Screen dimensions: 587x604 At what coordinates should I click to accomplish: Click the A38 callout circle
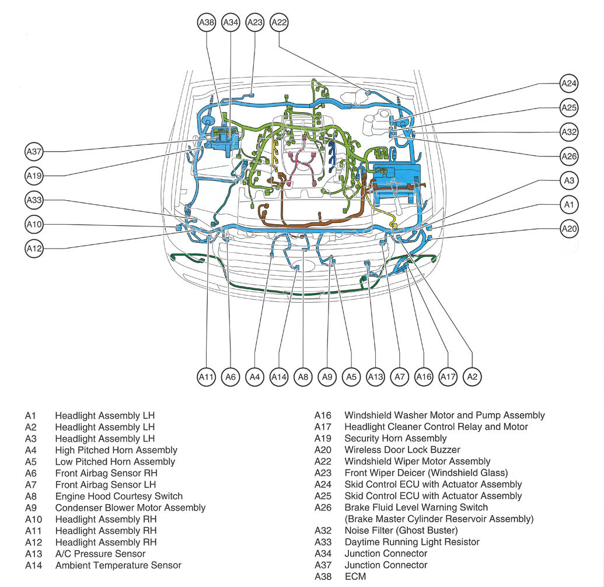point(207,23)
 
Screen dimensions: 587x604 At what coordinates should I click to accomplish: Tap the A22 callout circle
point(280,23)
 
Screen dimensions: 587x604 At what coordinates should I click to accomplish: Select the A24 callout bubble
point(568,83)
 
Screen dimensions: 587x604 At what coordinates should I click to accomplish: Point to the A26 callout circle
point(568,156)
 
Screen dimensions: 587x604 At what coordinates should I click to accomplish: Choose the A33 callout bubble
point(34,200)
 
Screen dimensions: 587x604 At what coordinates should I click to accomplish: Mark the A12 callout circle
point(34,249)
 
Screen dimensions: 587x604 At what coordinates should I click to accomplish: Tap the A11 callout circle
point(207,377)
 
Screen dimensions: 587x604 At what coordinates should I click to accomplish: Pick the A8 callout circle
point(303,377)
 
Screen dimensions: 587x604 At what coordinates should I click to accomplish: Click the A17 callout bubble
point(448,377)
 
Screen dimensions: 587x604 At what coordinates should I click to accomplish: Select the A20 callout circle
point(568,229)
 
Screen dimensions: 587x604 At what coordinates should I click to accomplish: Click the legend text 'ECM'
point(354,576)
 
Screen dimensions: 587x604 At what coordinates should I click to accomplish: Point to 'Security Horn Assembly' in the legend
point(395,438)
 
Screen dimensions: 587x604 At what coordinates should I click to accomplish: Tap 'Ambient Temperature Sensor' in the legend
point(118,565)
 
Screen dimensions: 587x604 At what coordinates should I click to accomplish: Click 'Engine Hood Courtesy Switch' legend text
point(118,496)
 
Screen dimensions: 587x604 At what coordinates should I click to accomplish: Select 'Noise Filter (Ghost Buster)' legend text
point(401,530)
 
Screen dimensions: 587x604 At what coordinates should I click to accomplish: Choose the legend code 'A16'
point(323,415)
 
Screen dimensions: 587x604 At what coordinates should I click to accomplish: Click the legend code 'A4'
point(30,450)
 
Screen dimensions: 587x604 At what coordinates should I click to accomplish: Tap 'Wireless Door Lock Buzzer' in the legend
point(402,450)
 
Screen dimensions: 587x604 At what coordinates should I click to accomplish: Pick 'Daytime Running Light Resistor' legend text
point(412,542)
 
